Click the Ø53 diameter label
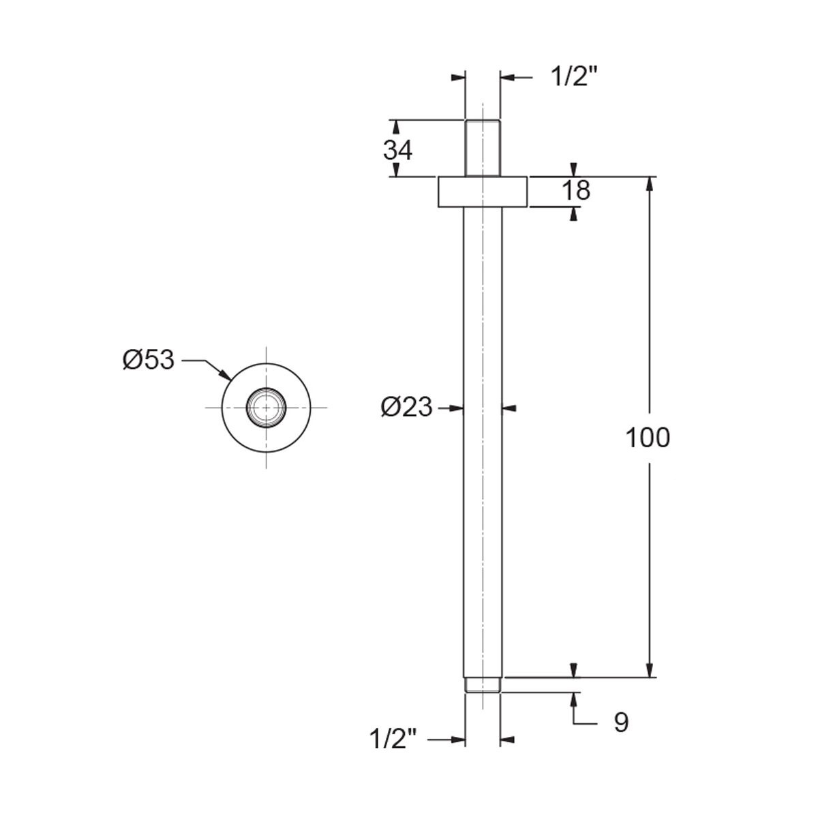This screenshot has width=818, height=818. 149,361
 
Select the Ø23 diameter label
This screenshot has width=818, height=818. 406,408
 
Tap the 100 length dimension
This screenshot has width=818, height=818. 648,438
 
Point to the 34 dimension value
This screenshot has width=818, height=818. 397,150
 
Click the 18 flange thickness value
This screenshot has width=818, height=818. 576,190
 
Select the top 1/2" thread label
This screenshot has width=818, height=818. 575,77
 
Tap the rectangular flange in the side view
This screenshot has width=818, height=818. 483,192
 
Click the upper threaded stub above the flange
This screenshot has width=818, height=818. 483,148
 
